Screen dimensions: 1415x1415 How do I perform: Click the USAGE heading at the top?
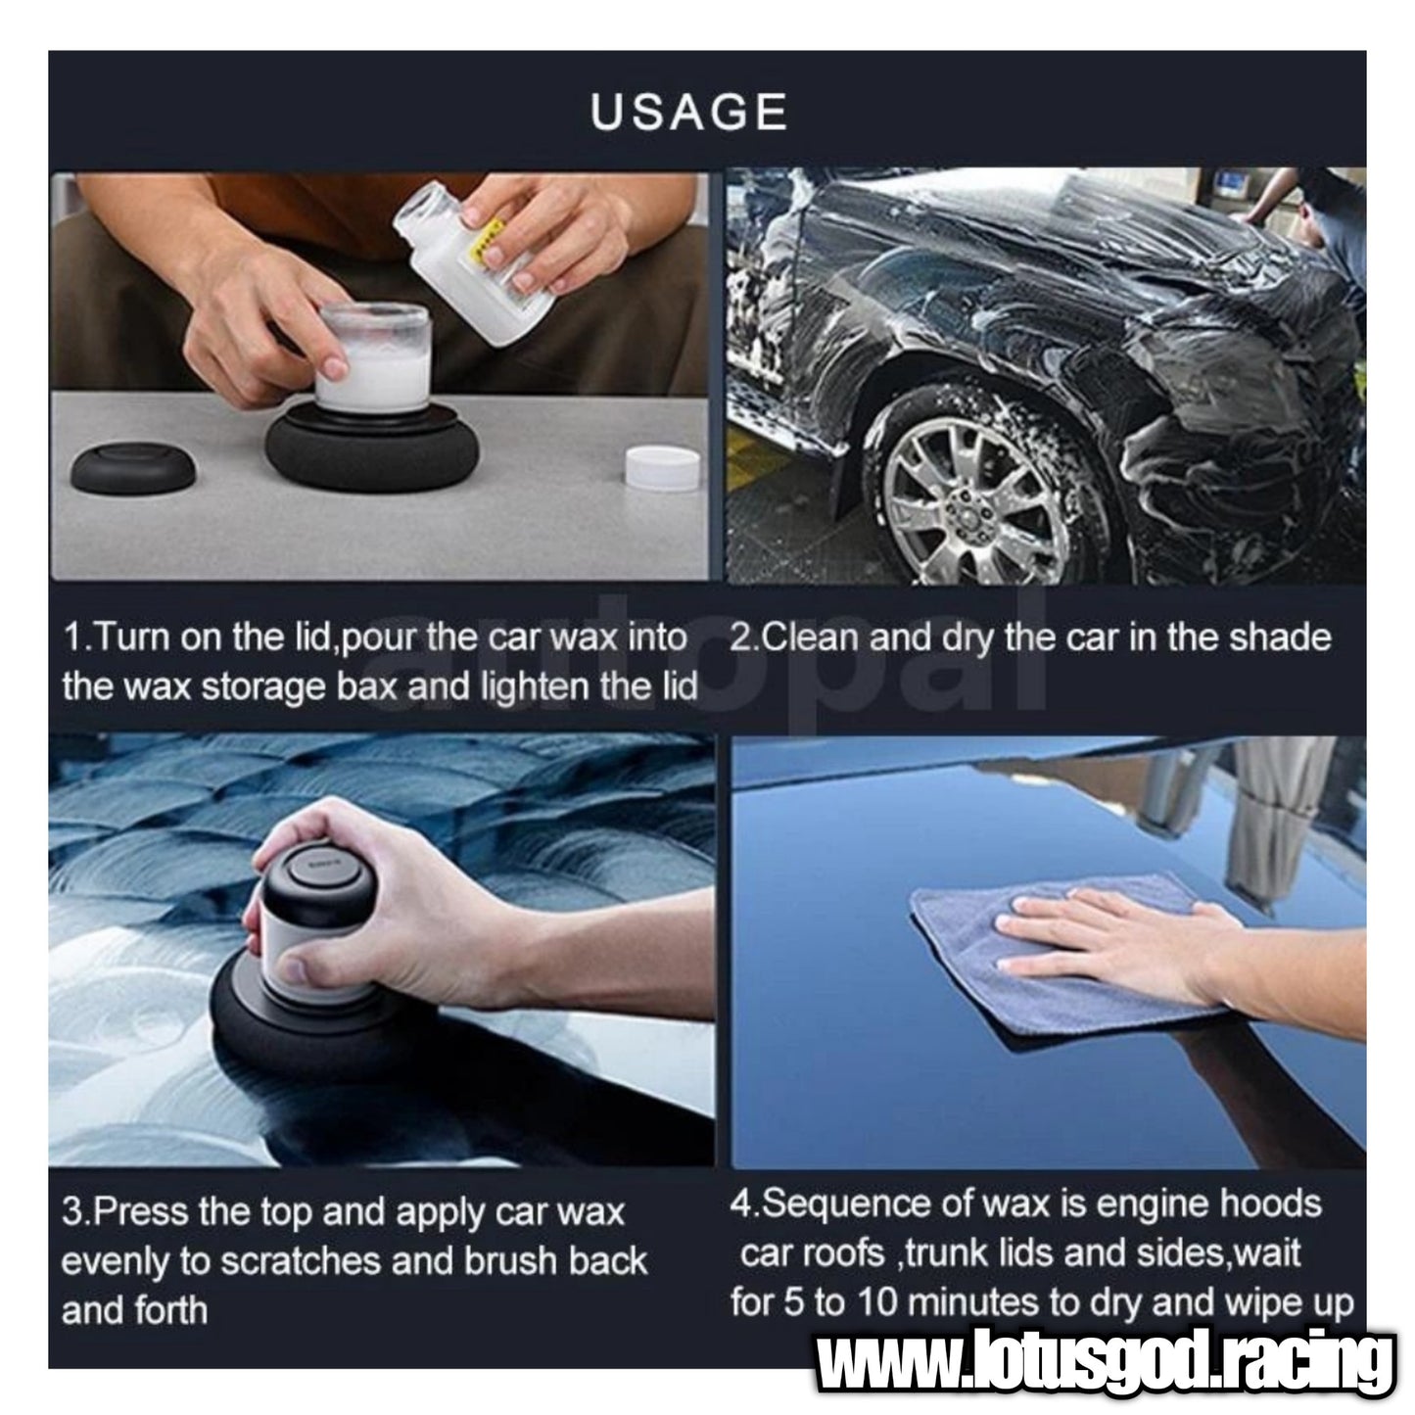[x=688, y=113]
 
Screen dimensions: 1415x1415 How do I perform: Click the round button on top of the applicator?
[x=321, y=875]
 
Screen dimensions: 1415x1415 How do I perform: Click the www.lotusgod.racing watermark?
[x=1106, y=1361]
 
